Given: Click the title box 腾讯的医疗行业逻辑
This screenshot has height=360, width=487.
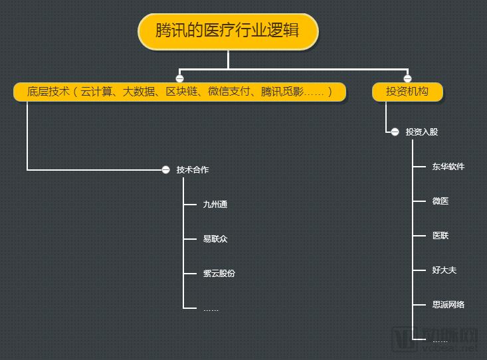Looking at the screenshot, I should tap(228, 31).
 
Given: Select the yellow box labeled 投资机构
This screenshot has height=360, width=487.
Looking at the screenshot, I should tap(407, 92).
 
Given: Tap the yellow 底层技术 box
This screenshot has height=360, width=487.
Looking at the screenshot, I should tap(179, 92).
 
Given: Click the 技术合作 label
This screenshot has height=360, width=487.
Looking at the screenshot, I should tap(193, 170).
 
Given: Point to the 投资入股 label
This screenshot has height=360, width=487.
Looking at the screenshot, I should tap(422, 132).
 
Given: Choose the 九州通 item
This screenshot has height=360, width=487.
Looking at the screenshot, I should tap(215, 205).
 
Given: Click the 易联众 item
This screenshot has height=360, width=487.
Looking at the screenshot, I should tap(215, 239).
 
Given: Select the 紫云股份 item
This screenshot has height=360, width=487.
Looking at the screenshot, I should tap(219, 274).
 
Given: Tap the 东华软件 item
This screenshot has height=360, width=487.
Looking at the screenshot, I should tap(448, 167).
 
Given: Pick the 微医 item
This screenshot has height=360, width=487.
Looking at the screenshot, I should tap(440, 201).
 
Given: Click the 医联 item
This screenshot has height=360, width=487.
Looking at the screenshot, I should tap(440, 236).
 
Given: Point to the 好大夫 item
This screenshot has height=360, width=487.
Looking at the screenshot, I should tap(444, 270).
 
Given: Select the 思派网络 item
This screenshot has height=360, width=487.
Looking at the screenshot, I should tap(448, 305).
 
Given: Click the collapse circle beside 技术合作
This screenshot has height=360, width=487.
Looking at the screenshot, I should tap(166, 170).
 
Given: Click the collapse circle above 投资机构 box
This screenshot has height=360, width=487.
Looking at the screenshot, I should tap(407, 78).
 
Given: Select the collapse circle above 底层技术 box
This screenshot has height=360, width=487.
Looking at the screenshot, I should tap(179, 78).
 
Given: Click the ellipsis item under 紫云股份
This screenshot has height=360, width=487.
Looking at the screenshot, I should tap(211, 309).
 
